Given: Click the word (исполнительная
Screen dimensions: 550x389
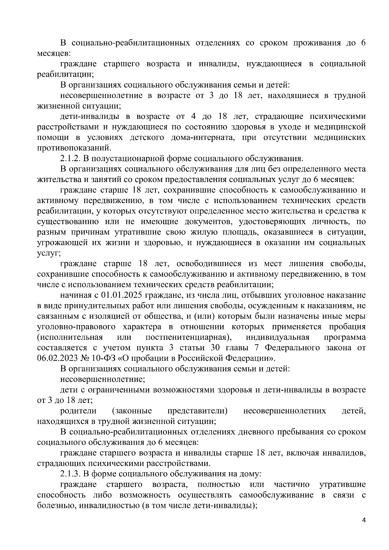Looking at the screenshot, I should click(70, 337).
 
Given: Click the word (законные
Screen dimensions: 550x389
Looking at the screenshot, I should click(132, 411).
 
